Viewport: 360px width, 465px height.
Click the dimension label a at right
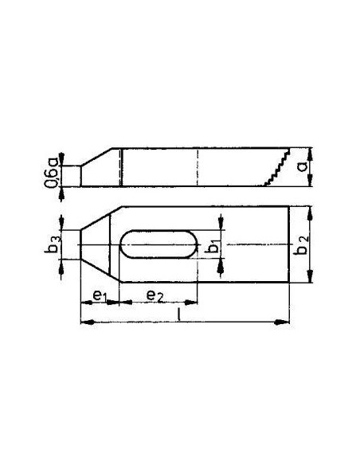302,167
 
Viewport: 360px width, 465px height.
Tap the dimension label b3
53,244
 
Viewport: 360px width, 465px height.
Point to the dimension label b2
302,246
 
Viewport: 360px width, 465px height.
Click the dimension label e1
100,296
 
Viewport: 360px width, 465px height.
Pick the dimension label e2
155,295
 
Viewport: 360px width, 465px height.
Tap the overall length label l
178,315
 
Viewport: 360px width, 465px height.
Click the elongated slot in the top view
158,244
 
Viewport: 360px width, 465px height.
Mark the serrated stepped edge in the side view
277,167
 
